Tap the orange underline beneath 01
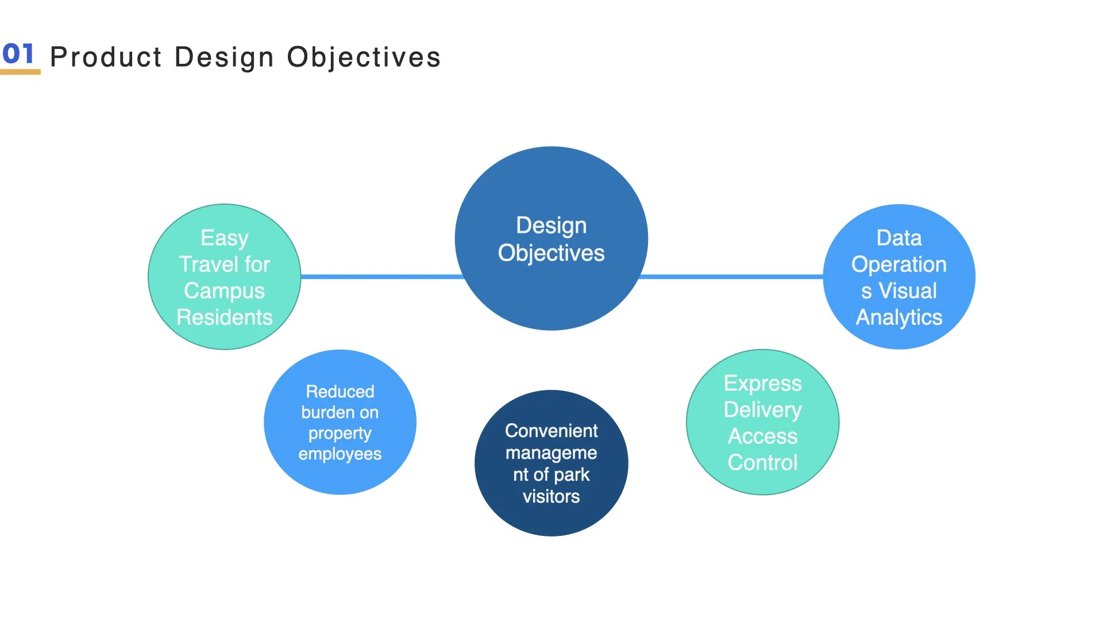(x=20, y=72)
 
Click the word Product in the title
(x=106, y=57)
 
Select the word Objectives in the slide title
(x=364, y=57)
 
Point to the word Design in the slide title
(x=224, y=57)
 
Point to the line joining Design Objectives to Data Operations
(x=731, y=277)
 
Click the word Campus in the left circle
(x=224, y=291)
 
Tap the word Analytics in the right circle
(x=899, y=317)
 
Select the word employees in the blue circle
(x=340, y=454)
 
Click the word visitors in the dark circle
(x=551, y=496)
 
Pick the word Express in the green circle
(x=762, y=383)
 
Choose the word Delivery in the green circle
(x=762, y=409)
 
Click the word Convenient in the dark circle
(x=551, y=431)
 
